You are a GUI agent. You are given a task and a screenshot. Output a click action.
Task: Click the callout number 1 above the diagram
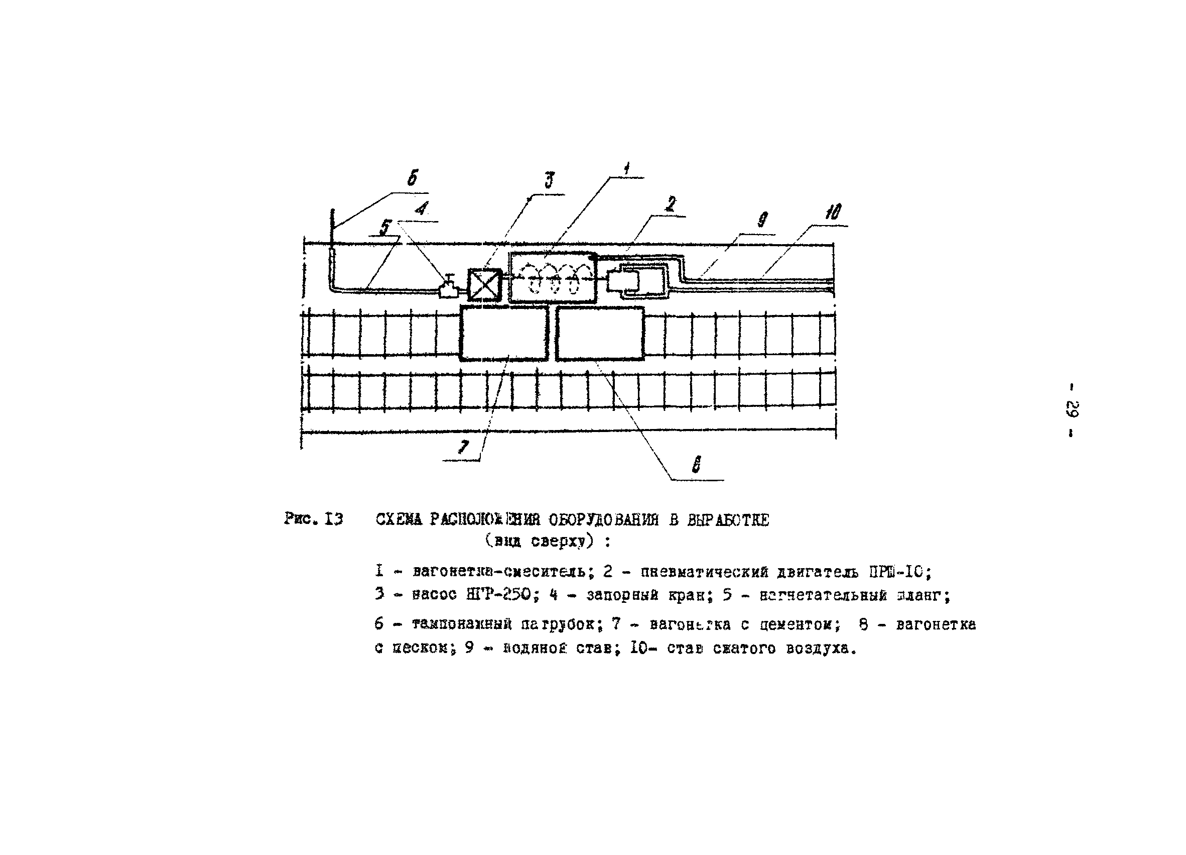point(626,168)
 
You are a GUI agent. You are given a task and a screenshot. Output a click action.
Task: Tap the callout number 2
point(671,204)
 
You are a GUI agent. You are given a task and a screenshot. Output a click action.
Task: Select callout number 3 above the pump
point(549,180)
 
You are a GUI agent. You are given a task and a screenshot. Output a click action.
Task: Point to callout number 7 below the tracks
point(463,446)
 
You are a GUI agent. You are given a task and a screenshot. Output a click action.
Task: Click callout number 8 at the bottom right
point(696,464)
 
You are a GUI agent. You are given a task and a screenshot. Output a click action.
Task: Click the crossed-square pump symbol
point(484,285)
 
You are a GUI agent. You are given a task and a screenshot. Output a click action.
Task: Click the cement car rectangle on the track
point(503,334)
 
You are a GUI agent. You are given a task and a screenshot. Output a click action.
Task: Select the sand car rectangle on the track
point(600,334)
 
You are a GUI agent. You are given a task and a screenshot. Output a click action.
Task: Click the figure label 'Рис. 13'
point(314,519)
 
